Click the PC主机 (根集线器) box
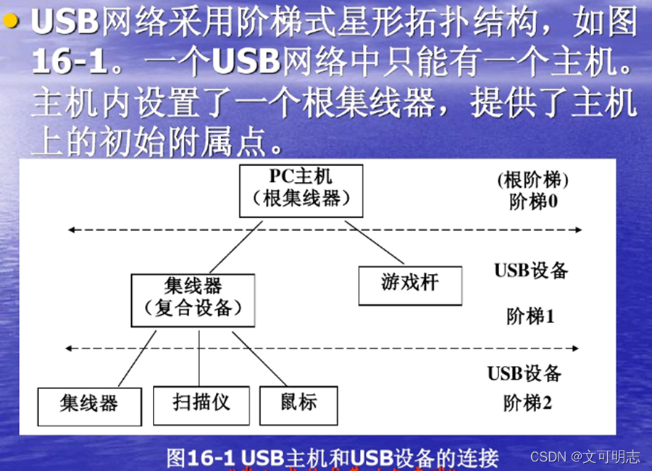point(301,191)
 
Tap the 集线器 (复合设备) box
point(193,300)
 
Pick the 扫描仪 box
point(201,404)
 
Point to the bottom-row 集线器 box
point(88,407)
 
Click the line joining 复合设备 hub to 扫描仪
point(199,359)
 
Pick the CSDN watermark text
point(585,457)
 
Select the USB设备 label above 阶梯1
point(531,271)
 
